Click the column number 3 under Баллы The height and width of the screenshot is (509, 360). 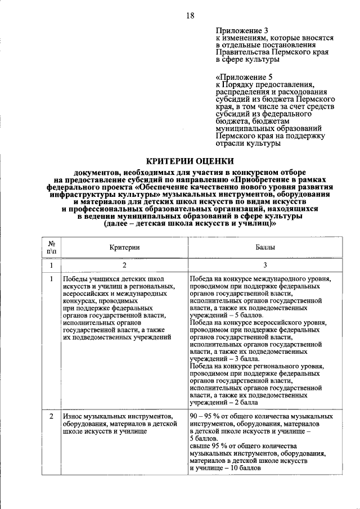click(x=265, y=264)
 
